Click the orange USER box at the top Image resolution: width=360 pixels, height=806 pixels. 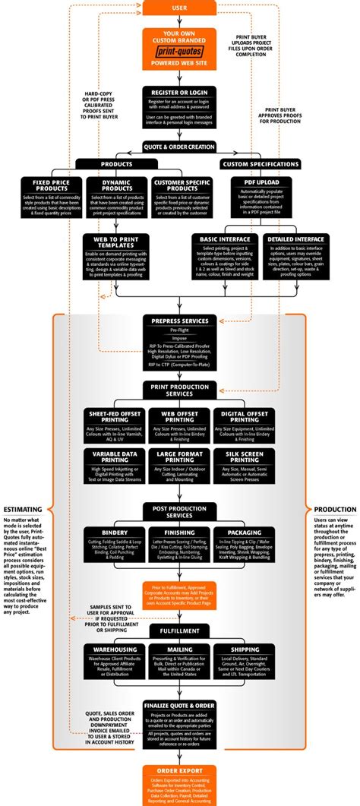coord(179,7)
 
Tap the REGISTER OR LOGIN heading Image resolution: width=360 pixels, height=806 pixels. coord(179,92)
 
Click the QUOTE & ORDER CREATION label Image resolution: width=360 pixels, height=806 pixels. coord(179,147)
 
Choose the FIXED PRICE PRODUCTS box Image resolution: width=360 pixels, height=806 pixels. coord(52,198)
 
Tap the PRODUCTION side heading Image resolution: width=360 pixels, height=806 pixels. coord(335,510)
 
